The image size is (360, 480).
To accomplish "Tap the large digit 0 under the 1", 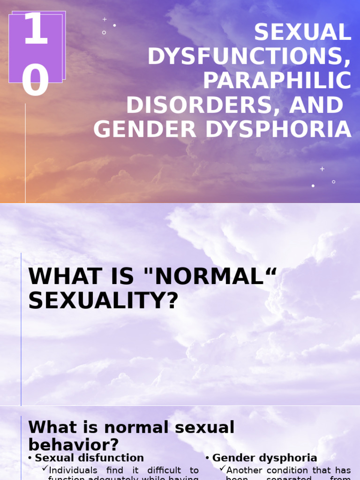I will coord(36,81).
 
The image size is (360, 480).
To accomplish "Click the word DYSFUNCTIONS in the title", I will coord(249,57).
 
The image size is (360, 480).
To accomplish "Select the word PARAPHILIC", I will coord(277,81).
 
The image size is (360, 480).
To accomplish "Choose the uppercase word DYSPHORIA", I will coord(278,130).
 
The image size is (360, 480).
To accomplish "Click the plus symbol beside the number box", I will coord(105,20).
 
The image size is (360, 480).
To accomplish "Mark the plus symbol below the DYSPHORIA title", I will coord(322,169).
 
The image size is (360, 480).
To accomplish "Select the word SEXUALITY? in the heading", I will coord(104,301).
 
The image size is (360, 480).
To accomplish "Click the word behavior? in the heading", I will coord(74,444).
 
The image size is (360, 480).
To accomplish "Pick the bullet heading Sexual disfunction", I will coord(90,458).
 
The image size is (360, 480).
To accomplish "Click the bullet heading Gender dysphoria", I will coord(264,458).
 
